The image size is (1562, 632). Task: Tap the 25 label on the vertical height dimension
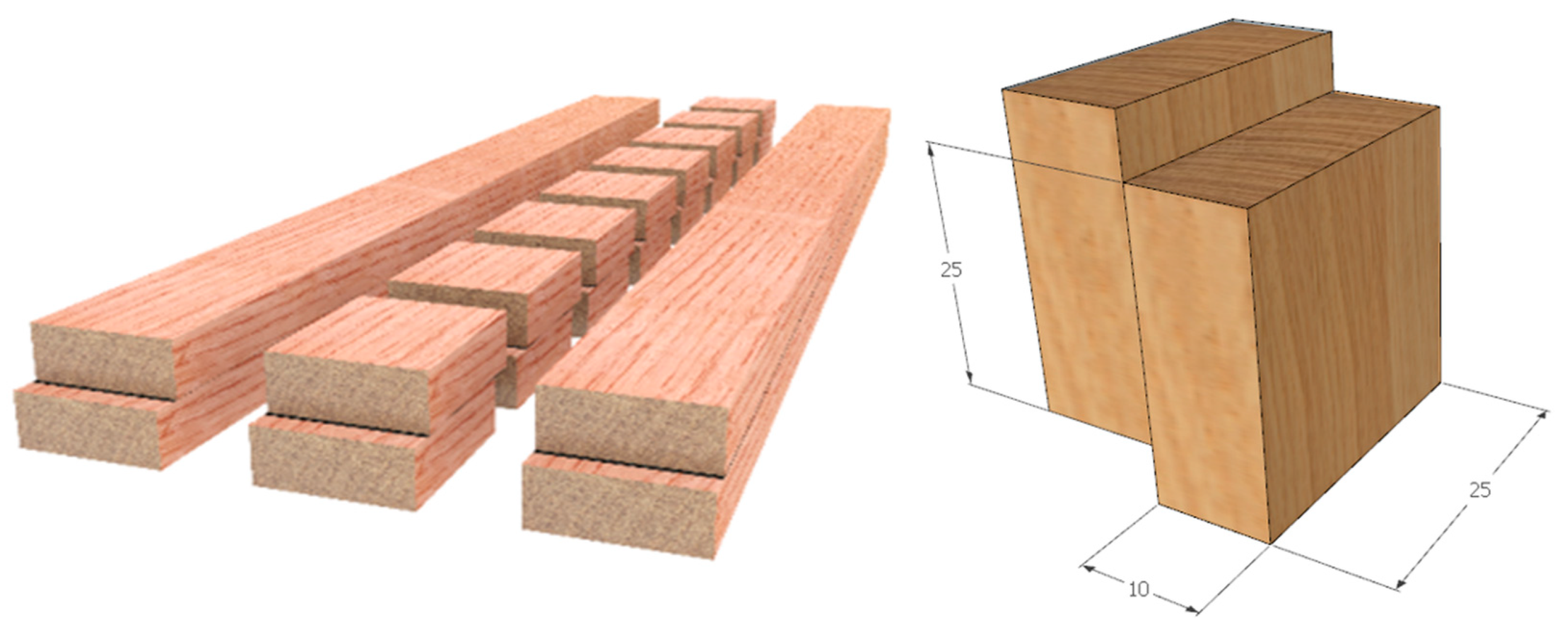[951, 270]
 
